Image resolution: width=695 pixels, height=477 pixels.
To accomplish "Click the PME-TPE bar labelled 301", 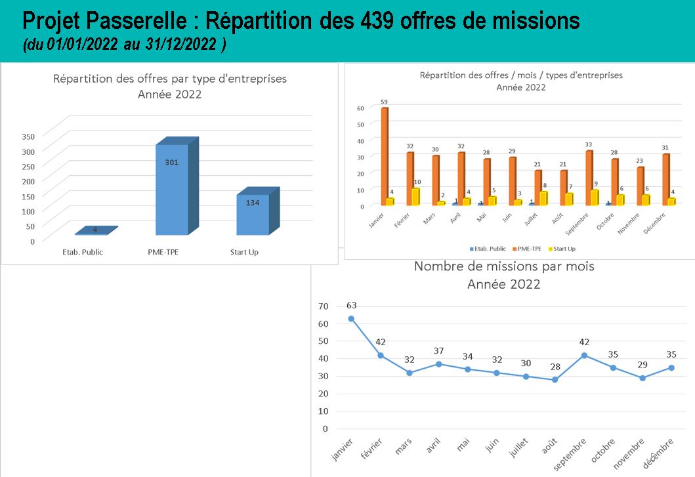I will (172, 190).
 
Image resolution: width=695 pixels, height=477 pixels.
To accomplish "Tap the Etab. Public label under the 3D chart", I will (83, 252).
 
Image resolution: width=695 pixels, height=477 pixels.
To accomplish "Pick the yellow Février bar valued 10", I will (416, 197).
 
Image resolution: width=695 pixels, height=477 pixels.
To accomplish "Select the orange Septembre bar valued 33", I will (589, 178).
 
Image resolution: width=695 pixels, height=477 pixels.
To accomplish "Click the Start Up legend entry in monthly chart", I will (564, 249).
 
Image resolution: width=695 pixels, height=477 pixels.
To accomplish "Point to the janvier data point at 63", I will (351, 318).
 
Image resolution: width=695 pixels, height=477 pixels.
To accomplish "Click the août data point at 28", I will (555, 379).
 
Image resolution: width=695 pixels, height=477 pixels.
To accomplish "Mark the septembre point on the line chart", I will (584, 355).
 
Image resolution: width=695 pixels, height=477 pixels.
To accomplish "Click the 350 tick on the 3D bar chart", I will (28, 136).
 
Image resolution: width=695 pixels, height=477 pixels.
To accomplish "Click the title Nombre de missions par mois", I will (503, 267).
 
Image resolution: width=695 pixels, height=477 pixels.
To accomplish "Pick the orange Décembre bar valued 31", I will (665, 179).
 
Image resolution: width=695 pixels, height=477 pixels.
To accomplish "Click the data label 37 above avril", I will (439, 351).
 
